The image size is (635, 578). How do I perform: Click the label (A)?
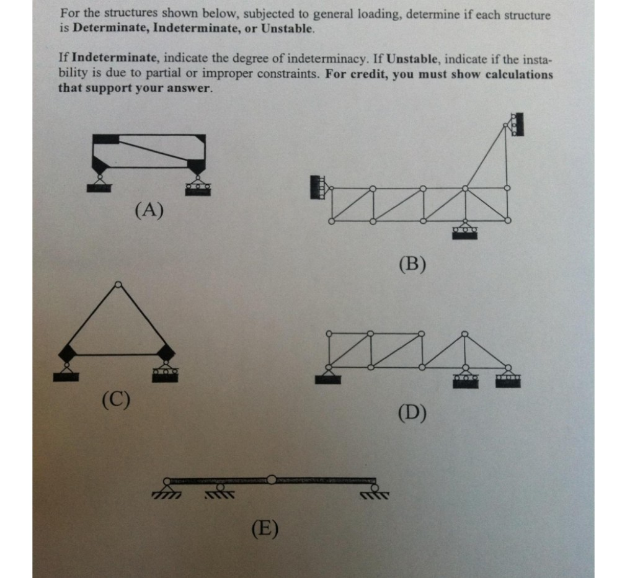pyautogui.click(x=149, y=211)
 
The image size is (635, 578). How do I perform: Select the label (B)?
pyautogui.click(x=413, y=265)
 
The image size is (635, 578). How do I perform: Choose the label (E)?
pyautogui.click(x=265, y=528)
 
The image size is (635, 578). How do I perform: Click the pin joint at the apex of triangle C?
pyautogui.click(x=118, y=285)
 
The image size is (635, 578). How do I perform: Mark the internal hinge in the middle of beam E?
pyautogui.click(x=271, y=479)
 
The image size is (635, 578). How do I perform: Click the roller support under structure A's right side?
pyautogui.click(x=197, y=184)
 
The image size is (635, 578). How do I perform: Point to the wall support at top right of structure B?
pyautogui.click(x=515, y=124)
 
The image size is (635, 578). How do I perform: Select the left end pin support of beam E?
pyautogui.click(x=166, y=487)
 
